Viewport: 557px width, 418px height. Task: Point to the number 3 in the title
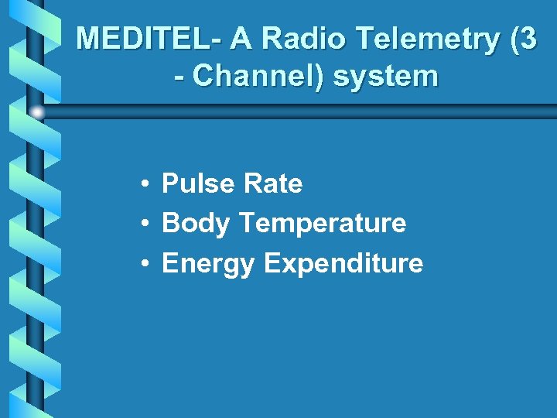(527, 39)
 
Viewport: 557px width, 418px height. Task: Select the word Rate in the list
(272, 183)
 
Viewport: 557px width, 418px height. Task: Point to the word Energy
(208, 263)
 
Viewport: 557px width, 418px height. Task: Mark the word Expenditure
(343, 263)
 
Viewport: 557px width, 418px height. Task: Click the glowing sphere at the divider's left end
(37, 112)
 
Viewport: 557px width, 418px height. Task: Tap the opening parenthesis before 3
(514, 39)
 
